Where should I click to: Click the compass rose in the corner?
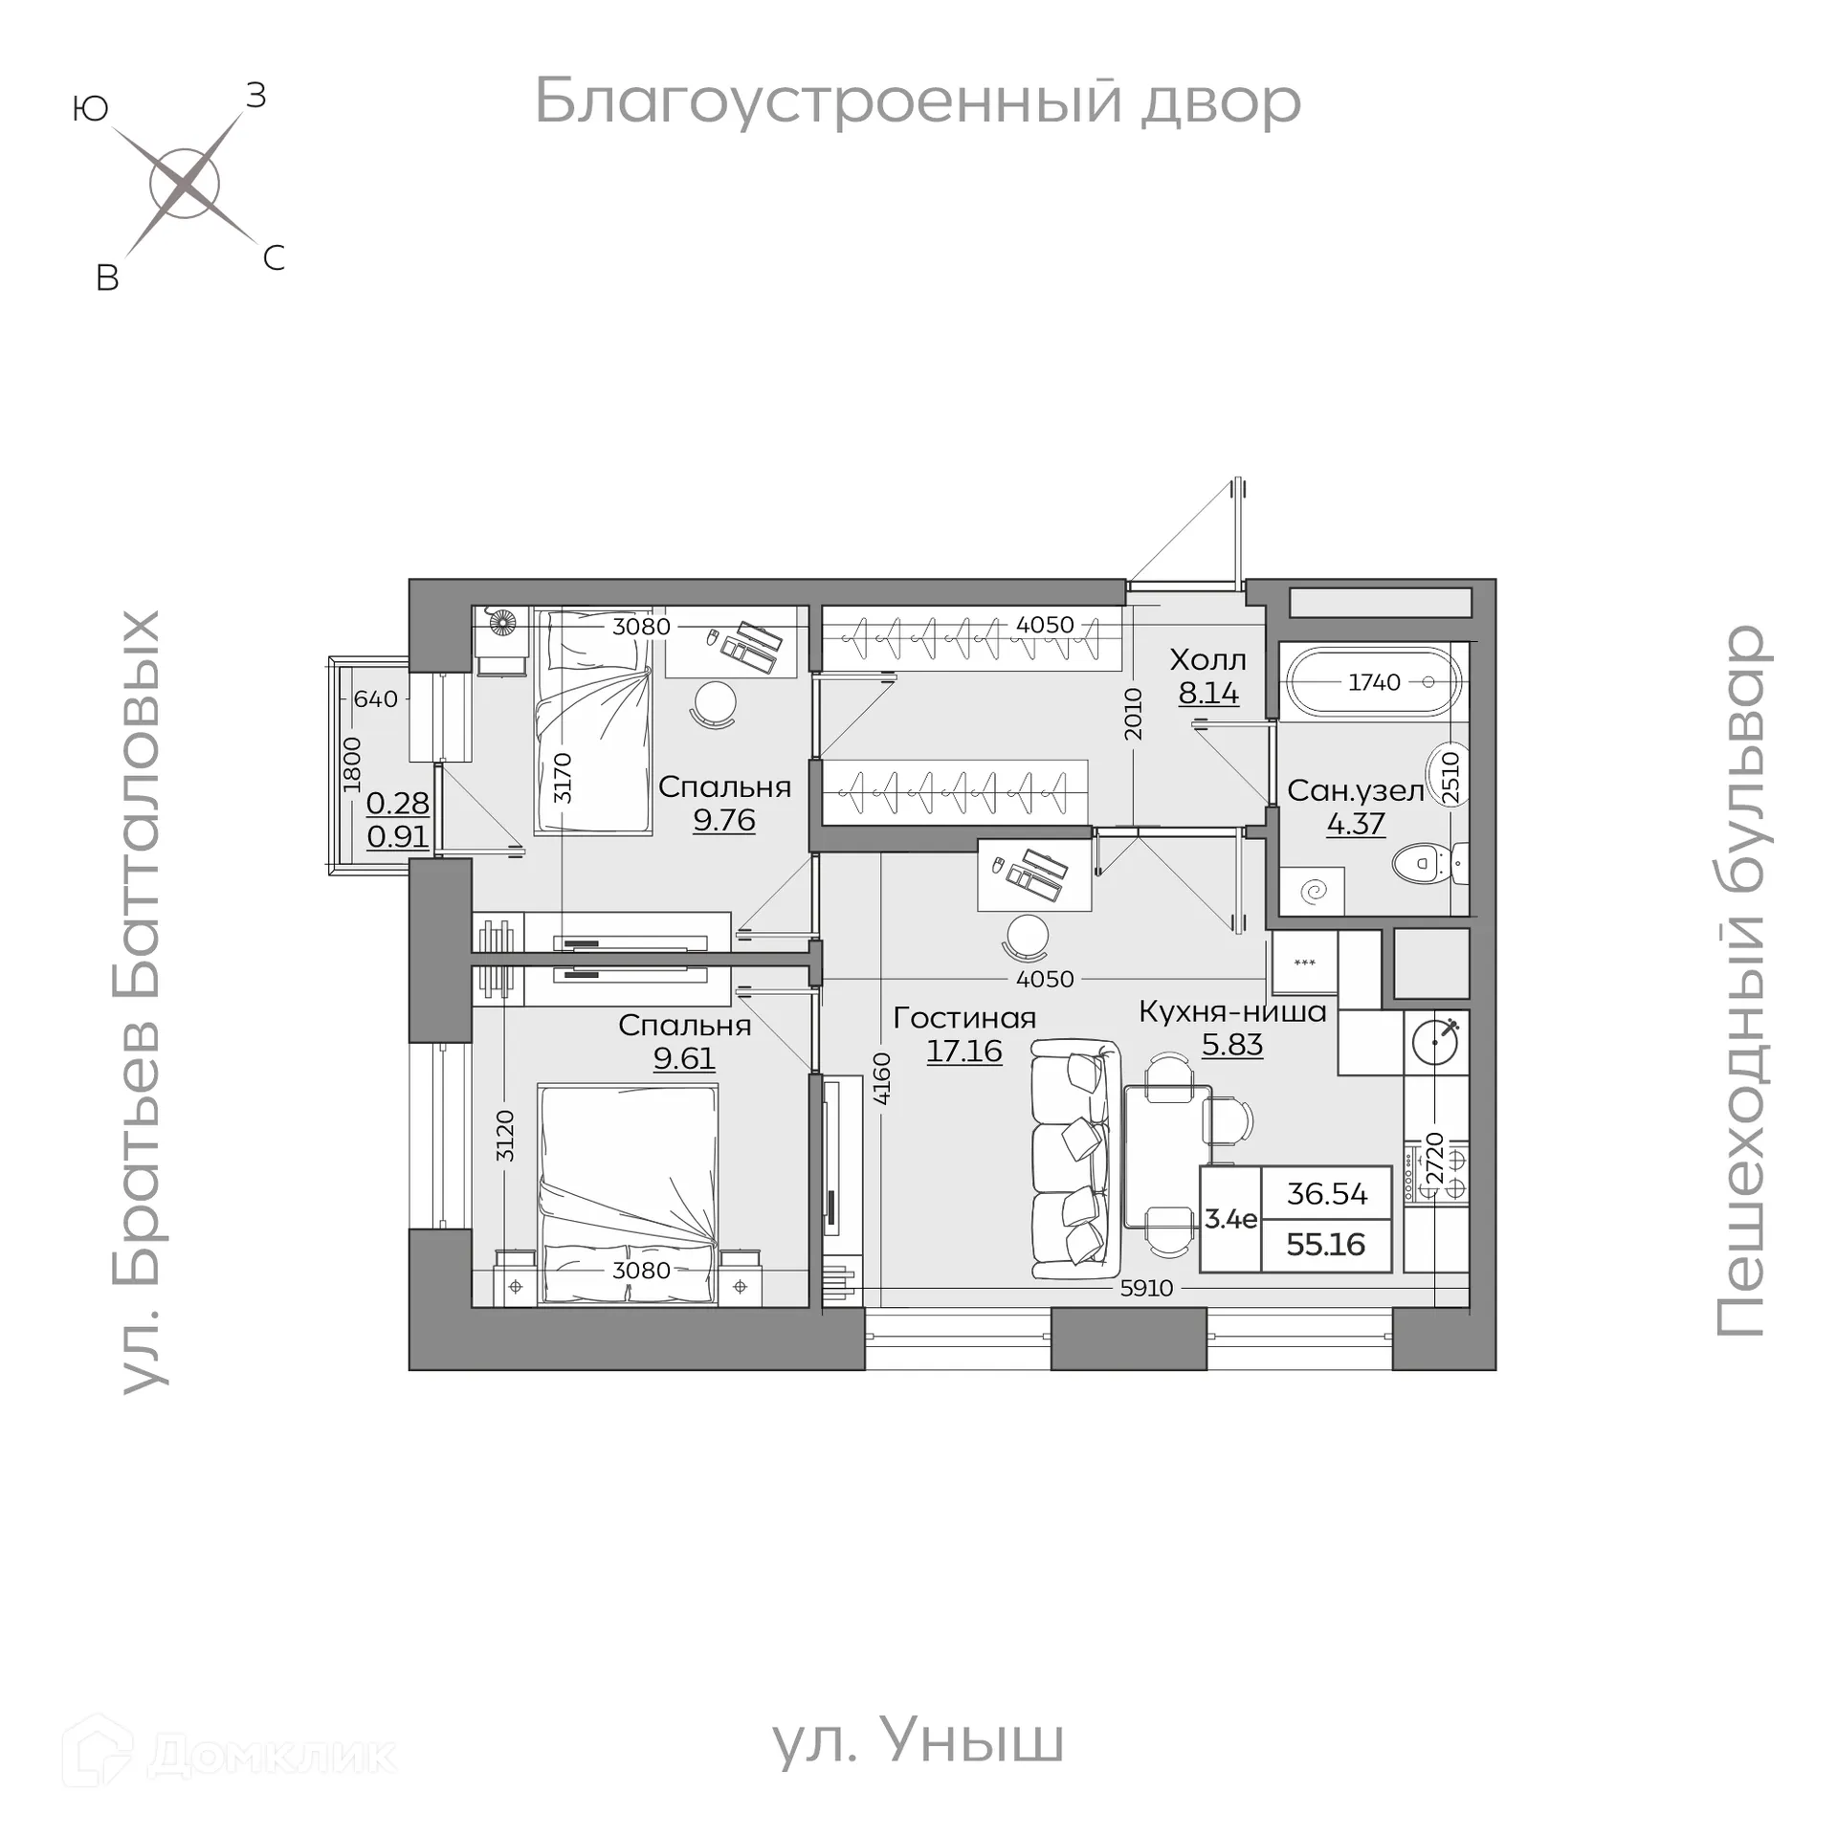(x=185, y=183)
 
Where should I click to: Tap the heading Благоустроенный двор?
(x=917, y=101)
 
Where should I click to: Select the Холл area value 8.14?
(x=1208, y=693)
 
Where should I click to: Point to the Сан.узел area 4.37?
(x=1356, y=823)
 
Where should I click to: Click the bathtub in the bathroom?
(x=1373, y=682)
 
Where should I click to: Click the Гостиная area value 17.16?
(x=963, y=1051)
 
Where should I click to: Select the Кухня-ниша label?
(x=1232, y=1011)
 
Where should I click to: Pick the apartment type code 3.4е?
(x=1230, y=1219)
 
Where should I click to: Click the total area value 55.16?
(x=1326, y=1245)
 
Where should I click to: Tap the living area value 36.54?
(x=1326, y=1194)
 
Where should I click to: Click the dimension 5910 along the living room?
(x=1146, y=1288)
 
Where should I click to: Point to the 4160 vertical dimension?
(x=881, y=1079)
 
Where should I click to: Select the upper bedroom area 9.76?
(x=724, y=820)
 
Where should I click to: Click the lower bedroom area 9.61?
(x=684, y=1058)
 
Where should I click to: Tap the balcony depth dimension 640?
(x=375, y=699)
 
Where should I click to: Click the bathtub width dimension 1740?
(x=1374, y=682)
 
